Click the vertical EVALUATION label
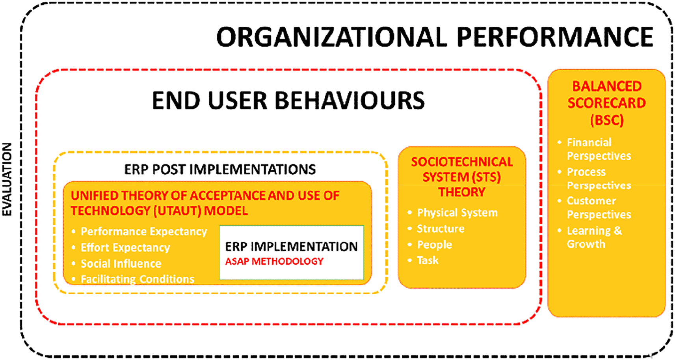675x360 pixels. click(7, 179)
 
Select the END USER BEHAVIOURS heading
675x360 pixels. click(288, 101)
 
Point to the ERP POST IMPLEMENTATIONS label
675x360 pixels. click(220, 170)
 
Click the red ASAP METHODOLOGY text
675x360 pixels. click(274, 261)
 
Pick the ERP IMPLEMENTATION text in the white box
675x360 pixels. click(291, 246)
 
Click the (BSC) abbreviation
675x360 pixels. click(606, 120)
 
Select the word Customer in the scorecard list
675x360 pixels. click(591, 201)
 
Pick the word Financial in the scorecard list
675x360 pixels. click(589, 142)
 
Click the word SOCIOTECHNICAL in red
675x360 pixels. click(462, 162)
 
